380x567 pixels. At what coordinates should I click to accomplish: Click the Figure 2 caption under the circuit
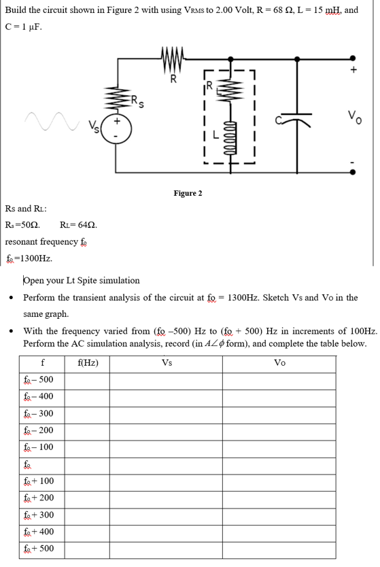pos(188,194)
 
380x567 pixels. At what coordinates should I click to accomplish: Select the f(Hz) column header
pos(88,362)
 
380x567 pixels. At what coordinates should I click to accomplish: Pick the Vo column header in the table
pos(279,362)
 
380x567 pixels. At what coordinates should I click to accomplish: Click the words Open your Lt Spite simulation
pos(82,280)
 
